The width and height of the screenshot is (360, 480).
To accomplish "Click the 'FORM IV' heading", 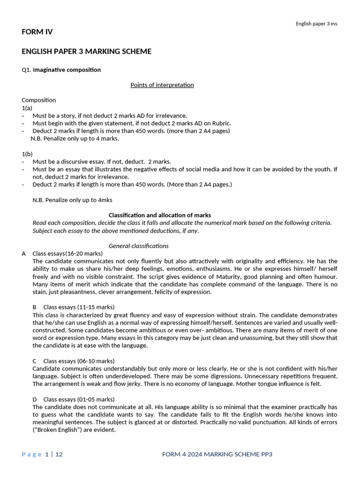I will pyautogui.click(x=37, y=32).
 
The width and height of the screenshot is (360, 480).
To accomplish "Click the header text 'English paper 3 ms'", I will pyautogui.click(x=316, y=24).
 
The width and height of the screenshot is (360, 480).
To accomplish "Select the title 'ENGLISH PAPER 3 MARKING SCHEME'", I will pyautogui.click(x=86, y=51).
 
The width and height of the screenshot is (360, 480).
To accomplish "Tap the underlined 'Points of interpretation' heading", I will pyautogui.click(x=162, y=85).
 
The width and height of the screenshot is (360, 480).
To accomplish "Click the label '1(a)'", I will pyautogui.click(x=27, y=108).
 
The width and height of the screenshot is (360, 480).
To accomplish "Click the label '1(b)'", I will pyautogui.click(x=27, y=154).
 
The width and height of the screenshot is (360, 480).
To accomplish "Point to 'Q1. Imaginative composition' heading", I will pyautogui.click(x=61, y=70).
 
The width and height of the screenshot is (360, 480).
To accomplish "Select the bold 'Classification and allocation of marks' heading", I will pyautogui.click(x=160, y=215).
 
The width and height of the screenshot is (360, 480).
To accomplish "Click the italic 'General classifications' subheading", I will pyautogui.click(x=138, y=246).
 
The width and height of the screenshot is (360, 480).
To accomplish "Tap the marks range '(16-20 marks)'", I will pyautogui.click(x=84, y=254).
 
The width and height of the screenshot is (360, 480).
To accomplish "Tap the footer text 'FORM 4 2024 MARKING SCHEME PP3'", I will pyautogui.click(x=217, y=454).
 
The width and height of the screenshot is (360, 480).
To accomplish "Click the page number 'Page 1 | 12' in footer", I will pyautogui.click(x=42, y=454).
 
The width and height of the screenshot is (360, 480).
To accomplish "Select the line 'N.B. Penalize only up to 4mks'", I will pyautogui.click(x=72, y=200).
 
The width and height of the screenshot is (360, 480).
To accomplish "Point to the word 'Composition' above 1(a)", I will pyautogui.click(x=38, y=100).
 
